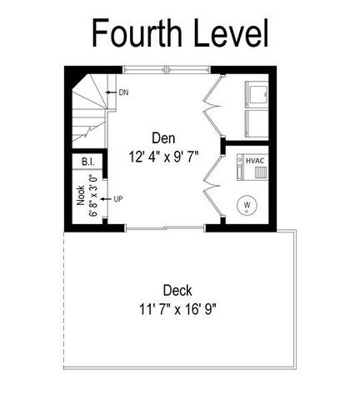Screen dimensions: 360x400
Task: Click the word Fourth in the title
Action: [x=137, y=32]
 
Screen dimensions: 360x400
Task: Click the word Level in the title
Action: [x=231, y=32]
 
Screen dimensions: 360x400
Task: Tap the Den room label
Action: [x=163, y=138]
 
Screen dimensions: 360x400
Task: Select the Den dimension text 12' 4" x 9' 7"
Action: [x=164, y=157]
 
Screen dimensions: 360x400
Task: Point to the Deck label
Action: [x=177, y=291]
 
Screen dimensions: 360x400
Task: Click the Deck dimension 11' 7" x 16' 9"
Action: [x=177, y=309]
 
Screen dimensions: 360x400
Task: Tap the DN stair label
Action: [x=123, y=92]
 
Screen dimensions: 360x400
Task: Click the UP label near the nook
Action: [x=118, y=199]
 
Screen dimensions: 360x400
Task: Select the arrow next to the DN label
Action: [x=112, y=92]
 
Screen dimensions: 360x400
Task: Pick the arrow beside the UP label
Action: [x=106, y=199]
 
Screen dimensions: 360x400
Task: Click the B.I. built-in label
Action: [x=88, y=162]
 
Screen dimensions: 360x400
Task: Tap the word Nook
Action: [x=81, y=195]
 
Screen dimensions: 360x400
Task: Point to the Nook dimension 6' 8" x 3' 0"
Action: [x=93, y=195]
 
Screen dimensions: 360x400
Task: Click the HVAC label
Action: [x=255, y=161]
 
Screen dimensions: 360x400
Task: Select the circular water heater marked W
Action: [x=247, y=206]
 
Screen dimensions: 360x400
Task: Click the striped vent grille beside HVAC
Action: [x=261, y=172]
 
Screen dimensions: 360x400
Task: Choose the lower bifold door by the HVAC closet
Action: [x=212, y=186]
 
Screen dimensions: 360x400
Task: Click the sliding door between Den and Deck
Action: [x=165, y=228]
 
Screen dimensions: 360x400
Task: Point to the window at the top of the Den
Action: [x=167, y=70]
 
